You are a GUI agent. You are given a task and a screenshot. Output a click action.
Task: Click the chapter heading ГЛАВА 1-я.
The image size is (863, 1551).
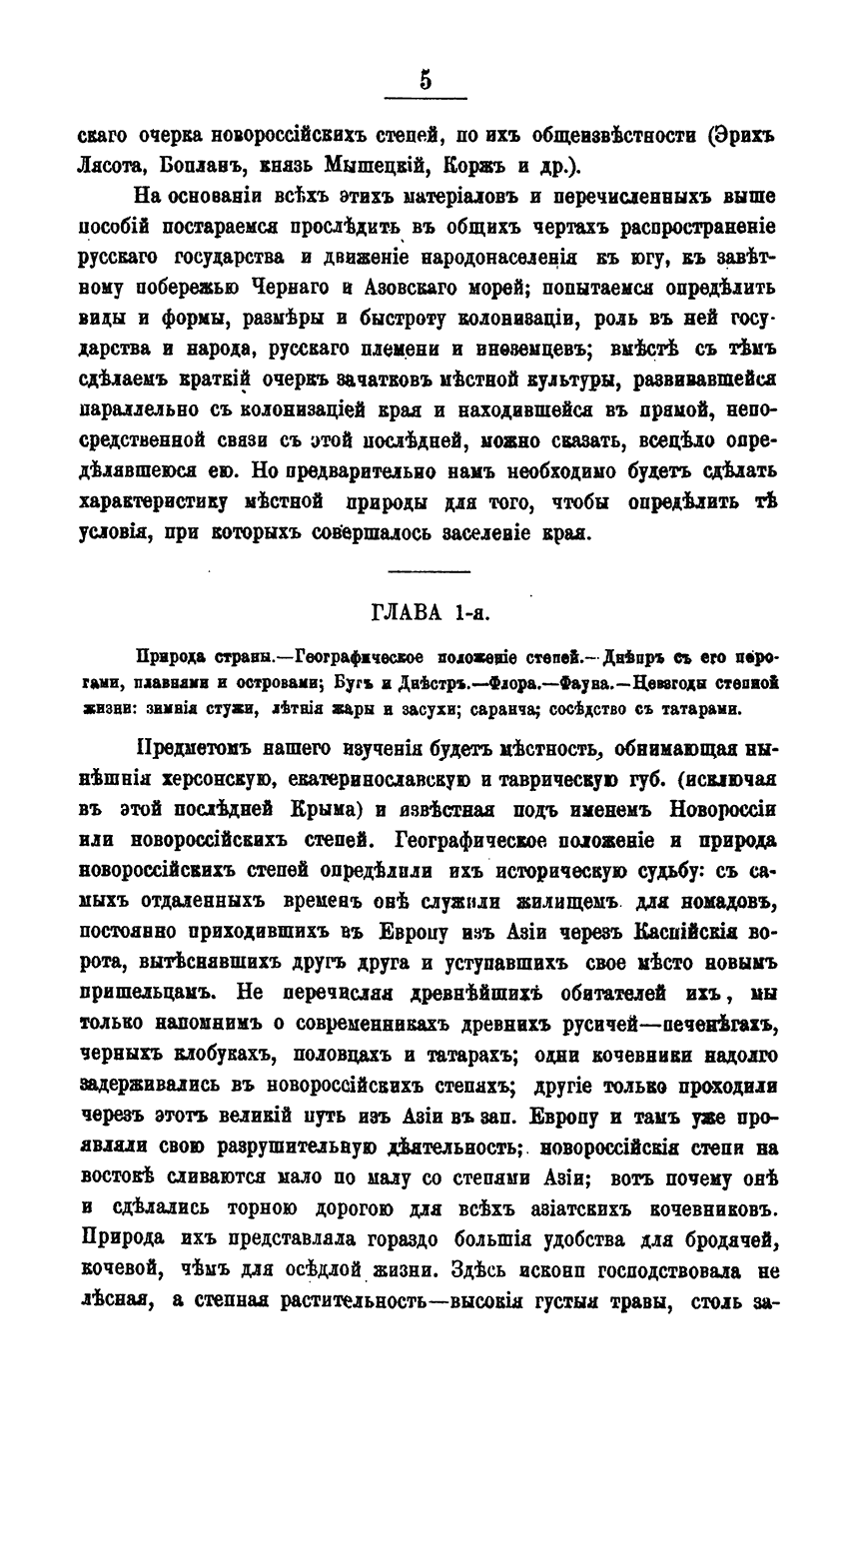pyautogui.click(x=429, y=611)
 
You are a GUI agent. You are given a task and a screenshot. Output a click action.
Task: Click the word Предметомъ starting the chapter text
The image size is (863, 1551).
pyautogui.click(x=199, y=749)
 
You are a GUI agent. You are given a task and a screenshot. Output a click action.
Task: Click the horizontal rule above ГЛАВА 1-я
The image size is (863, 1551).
pyautogui.click(x=429, y=570)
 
